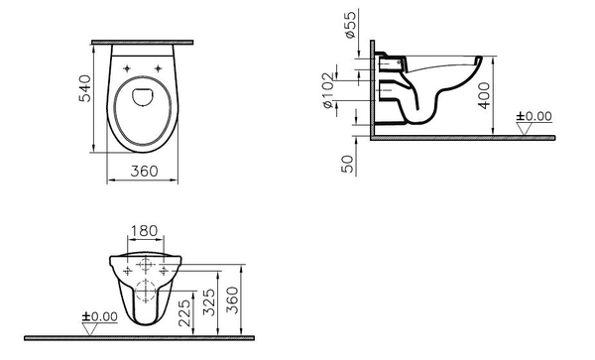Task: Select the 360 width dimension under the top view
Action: (144, 172)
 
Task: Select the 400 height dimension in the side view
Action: (483, 96)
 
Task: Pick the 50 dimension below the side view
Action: (348, 164)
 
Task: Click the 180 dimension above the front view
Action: (145, 231)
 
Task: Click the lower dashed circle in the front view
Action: (145, 295)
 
